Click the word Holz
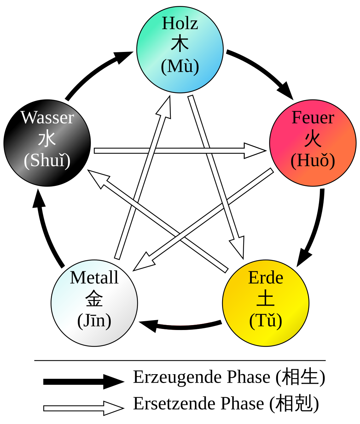tap(180, 23)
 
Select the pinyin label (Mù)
tap(180, 66)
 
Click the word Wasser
tap(47, 117)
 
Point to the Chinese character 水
tap(47, 139)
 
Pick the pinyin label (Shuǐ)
tap(47, 160)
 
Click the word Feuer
tap(313, 117)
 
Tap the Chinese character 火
tap(313, 139)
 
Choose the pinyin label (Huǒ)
tap(313, 160)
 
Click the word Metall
tap(94, 277)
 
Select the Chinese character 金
tap(94, 299)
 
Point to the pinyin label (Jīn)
tap(94, 320)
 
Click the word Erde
tap(266, 277)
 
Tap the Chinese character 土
tap(266, 299)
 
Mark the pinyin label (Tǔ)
tap(266, 320)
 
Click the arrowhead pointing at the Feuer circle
tap(254, 151)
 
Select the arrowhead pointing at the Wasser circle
tap(98, 177)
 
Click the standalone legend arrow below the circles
tap(83, 408)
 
